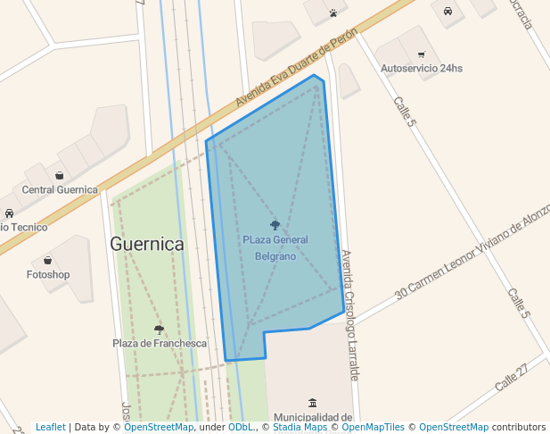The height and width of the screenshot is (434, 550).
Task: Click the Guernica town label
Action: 147,244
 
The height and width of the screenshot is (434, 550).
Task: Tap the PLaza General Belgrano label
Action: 275,247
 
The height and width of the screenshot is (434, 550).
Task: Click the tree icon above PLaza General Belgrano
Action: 275,225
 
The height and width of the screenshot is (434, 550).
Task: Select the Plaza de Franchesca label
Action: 160,343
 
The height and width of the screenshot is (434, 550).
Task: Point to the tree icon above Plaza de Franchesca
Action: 159,330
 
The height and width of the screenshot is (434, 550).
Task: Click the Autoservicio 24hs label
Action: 422,69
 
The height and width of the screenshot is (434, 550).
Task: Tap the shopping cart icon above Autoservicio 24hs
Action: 421,54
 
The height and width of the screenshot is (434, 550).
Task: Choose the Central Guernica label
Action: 60,189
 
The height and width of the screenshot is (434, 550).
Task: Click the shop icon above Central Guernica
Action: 59,176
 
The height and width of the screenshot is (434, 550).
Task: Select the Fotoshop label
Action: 48,274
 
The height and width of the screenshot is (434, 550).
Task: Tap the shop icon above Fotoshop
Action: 48,261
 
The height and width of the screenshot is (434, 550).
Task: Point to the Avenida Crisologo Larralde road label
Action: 349,314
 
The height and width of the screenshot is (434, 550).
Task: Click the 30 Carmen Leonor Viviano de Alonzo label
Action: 467,256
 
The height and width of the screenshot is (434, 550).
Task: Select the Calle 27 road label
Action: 512,376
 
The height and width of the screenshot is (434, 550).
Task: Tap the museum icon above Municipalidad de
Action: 312,404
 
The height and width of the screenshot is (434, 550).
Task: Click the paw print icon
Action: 332,13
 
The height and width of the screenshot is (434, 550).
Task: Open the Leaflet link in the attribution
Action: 51,428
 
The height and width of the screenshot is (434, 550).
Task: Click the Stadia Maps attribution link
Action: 300,428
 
